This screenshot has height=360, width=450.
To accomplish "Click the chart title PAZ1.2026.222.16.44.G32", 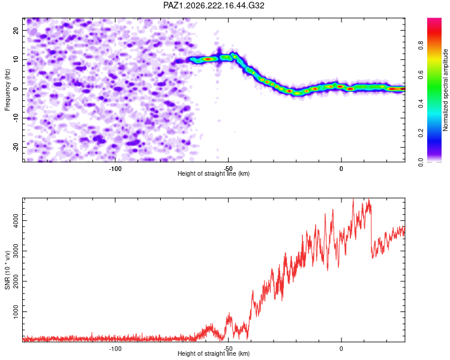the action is click(x=214, y=5).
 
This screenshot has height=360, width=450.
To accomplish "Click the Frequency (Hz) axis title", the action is click(x=7, y=90).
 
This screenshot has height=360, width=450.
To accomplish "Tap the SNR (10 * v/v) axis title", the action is click(x=7, y=270).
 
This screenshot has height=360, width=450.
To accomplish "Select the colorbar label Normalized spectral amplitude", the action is click(x=445, y=90).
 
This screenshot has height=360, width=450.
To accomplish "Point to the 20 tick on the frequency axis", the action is click(x=16, y=30).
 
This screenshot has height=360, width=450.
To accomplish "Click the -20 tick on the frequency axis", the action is click(x=16, y=147).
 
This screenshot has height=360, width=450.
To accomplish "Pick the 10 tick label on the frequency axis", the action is click(x=16, y=59).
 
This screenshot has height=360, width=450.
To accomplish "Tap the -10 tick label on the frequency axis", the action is click(x=16, y=118).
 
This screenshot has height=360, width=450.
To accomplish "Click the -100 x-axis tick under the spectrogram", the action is click(x=115, y=169).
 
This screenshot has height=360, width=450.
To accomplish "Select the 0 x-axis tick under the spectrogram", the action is click(x=341, y=169).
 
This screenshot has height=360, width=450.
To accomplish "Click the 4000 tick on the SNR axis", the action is click(x=16, y=220).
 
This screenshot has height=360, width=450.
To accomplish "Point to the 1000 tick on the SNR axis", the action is click(x=16, y=311).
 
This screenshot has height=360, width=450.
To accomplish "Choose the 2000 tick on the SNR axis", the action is click(x=16, y=281).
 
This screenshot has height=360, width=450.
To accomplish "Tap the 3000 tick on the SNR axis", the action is click(x=16, y=251).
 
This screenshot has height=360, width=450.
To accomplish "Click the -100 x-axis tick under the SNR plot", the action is click(x=115, y=349).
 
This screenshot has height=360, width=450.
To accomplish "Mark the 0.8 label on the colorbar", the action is click(x=421, y=46).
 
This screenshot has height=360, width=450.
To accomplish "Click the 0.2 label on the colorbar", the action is click(x=421, y=133).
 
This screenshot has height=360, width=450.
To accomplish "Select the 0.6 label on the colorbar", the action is click(x=421, y=74).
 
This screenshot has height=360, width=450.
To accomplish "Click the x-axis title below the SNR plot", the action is click(x=214, y=353).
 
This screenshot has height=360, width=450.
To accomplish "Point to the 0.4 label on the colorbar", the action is click(x=421, y=104).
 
